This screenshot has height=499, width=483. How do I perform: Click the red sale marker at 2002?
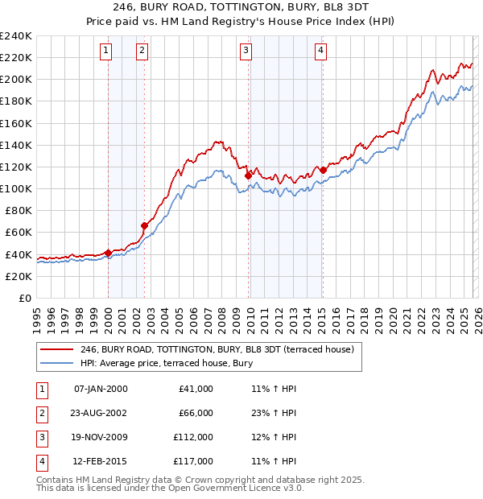[x=145, y=226]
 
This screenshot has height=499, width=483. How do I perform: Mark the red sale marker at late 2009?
[x=248, y=175]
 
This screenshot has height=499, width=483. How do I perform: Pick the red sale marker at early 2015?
[x=323, y=170]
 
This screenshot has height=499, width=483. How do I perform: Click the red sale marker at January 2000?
[x=108, y=253]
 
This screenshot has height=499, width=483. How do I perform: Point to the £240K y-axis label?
[x=16, y=36]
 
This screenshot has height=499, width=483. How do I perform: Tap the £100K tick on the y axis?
[x=16, y=188]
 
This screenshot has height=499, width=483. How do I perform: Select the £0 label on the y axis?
[x=24, y=298]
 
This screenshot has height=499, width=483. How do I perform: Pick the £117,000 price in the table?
[x=193, y=461]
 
